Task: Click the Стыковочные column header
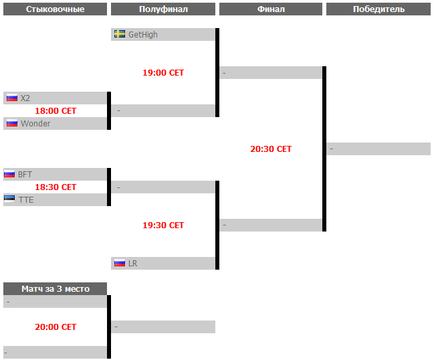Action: [x=55, y=9]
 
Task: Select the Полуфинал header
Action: [x=163, y=9]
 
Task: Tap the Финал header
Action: [x=271, y=9]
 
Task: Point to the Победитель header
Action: [x=378, y=9]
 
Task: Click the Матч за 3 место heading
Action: [x=55, y=289]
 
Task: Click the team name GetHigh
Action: [x=143, y=35]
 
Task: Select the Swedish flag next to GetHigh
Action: [x=120, y=34]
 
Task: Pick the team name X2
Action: [x=25, y=98]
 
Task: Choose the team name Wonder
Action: [x=35, y=124]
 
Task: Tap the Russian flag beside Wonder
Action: [x=12, y=123]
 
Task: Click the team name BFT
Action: [x=25, y=175]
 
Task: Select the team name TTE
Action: [x=26, y=200]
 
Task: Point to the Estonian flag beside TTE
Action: [x=9, y=199]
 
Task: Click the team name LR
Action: [x=132, y=264]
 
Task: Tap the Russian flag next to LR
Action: [x=120, y=263]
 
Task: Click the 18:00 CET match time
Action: [x=56, y=111]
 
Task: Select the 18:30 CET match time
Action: [x=56, y=187]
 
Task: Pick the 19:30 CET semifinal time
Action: [x=163, y=225]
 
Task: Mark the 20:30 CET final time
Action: [x=271, y=149]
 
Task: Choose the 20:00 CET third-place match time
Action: [x=56, y=327]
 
